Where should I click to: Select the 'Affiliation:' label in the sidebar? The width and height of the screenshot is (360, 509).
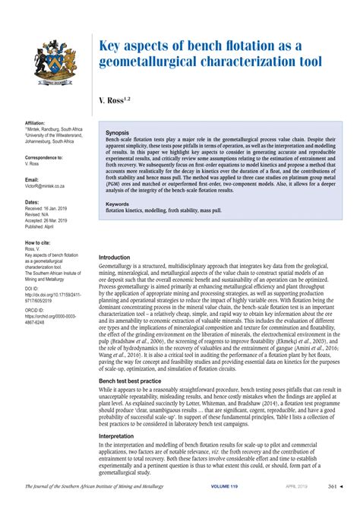36,122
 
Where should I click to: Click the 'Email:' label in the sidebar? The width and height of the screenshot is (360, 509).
31,179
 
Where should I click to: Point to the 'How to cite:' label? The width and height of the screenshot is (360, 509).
38,242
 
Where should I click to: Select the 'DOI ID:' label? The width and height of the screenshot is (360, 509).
33,289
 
